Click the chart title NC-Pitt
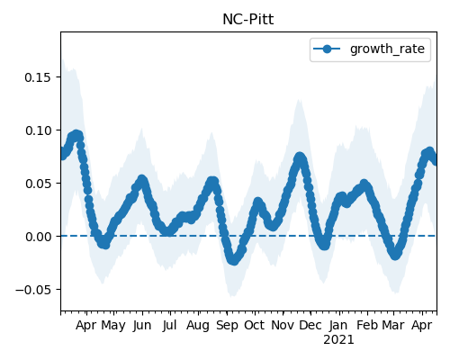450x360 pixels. pos(248,20)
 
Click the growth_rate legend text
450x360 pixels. pos(387,49)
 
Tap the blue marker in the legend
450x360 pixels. pos(327,49)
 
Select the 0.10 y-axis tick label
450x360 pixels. pos(39,130)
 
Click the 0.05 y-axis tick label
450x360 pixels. pos(39,184)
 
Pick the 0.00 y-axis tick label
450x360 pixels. pos(39,237)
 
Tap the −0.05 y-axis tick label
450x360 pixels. pos(34,290)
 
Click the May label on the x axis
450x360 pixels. pos(113,326)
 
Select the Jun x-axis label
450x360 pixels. pos(142,326)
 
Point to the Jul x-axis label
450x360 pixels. pos(169,326)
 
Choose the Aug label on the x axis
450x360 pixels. pos(198,326)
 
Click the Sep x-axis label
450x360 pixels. pos(227,326)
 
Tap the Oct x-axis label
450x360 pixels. pos(254,325)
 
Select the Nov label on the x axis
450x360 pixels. pos(283,325)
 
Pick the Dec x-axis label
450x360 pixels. pos(310,325)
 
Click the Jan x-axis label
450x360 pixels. pos(338,326)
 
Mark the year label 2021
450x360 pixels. pos(338,340)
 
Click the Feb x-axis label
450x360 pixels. pos(367,325)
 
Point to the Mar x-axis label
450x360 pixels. pos(393,325)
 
